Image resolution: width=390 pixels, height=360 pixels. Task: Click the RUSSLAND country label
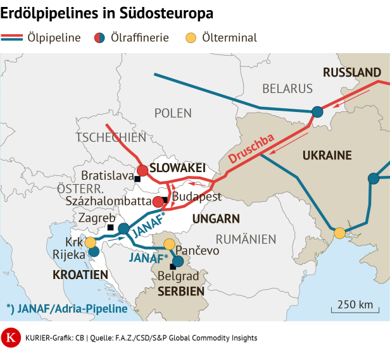tap(351, 72)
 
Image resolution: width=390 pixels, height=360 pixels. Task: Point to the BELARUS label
tap(288, 89)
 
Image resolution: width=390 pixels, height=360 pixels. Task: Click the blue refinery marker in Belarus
tap(317, 112)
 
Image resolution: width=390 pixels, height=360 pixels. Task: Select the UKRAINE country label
tap(327, 155)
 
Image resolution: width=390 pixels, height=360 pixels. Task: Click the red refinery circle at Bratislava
tap(142, 170)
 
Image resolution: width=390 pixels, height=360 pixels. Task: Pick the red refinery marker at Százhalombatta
tap(158, 202)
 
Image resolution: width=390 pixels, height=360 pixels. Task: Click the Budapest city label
tap(196, 196)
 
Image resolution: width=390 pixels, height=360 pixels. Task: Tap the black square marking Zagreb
tap(110, 227)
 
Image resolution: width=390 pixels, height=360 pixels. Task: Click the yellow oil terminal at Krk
tap(91, 242)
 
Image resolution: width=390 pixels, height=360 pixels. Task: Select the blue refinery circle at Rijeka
tap(94, 252)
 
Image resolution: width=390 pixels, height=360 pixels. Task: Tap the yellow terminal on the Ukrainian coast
tap(339, 233)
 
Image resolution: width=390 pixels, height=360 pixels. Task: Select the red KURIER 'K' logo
tap(11, 337)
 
